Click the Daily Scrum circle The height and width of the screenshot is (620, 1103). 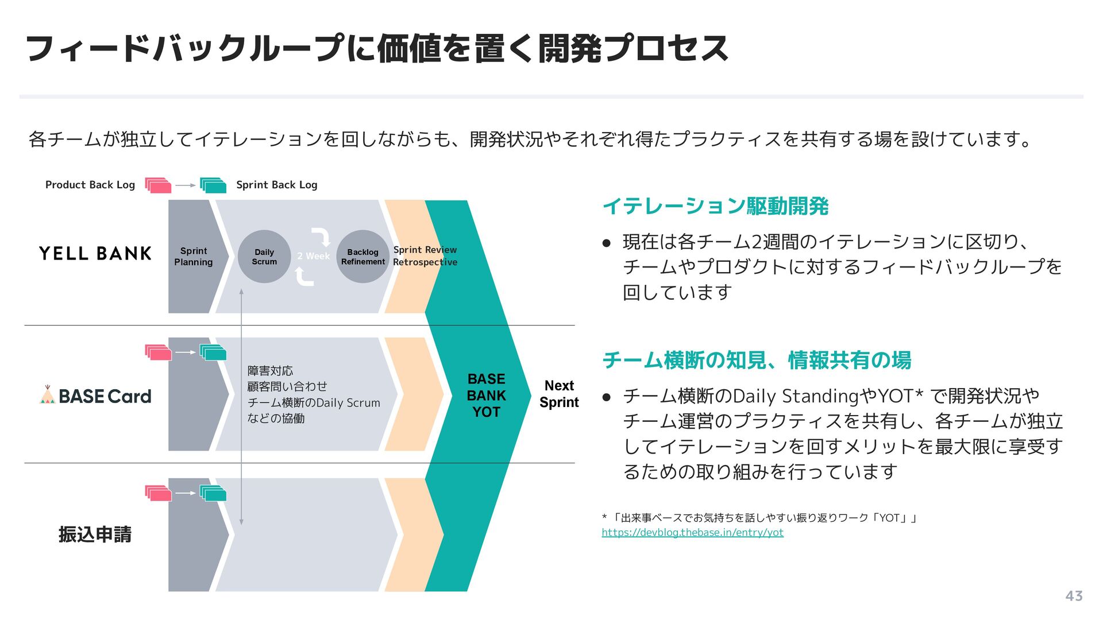264,257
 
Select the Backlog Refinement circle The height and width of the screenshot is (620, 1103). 362,257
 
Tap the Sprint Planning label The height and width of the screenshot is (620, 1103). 194,257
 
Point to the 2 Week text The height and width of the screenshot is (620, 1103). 313,256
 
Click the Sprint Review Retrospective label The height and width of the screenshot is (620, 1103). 425,256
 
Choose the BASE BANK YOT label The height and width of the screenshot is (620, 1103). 486,396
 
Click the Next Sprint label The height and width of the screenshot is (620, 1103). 559,394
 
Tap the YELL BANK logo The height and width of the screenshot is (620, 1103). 95,254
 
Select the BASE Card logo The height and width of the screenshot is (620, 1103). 96,396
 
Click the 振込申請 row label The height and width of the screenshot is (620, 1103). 95,534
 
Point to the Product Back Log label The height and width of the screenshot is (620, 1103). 90,185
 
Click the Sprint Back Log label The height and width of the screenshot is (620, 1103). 276,185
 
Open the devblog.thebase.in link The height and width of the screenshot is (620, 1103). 692,532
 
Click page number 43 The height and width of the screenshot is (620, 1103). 1074,596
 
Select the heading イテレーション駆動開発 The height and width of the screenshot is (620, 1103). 715,206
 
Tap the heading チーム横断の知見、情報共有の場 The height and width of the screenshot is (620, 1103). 757,361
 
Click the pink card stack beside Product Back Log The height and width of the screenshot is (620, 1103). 158,185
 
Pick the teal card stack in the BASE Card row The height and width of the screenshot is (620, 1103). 213,352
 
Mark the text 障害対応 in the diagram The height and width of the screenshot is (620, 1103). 270,371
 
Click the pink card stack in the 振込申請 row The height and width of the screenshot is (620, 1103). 158,493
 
